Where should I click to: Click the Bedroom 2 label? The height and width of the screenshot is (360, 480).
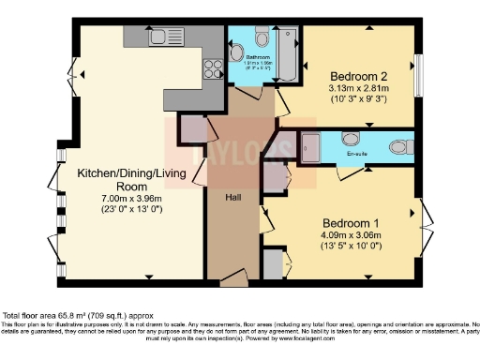[352, 74]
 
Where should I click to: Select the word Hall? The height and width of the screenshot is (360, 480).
[233, 197]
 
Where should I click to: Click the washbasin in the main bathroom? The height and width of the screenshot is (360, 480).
[234, 44]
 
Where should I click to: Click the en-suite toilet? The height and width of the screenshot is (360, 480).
[400, 146]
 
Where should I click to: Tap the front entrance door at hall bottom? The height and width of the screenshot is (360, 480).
[234, 277]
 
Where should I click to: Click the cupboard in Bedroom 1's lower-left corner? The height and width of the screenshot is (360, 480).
[272, 263]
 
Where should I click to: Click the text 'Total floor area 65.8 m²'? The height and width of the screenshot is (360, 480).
[61, 316]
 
